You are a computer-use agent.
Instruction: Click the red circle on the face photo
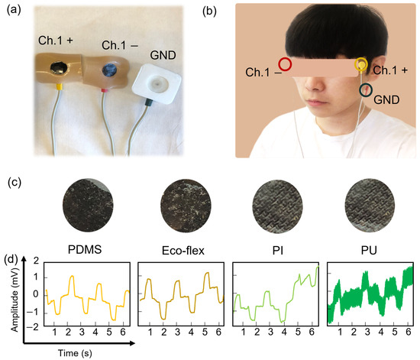point(285,64)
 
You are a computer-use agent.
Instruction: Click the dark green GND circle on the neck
point(367,91)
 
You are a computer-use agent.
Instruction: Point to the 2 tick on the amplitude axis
point(34,262)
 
